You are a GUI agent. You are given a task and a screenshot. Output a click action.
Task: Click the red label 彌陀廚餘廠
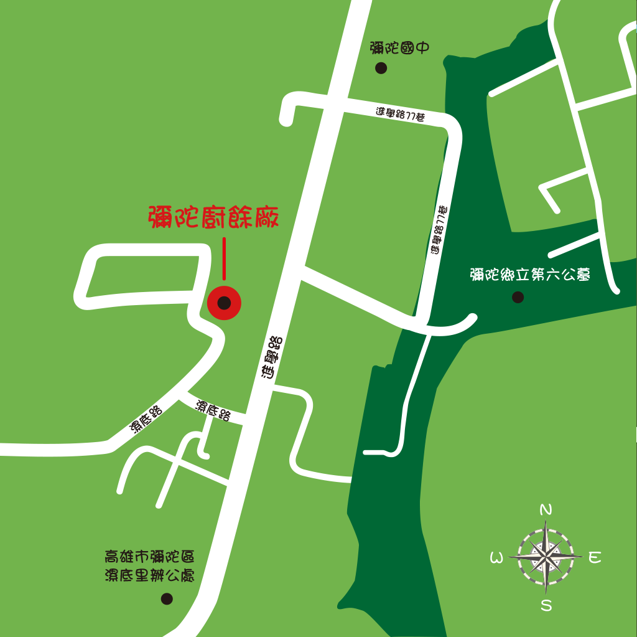(x=213, y=218)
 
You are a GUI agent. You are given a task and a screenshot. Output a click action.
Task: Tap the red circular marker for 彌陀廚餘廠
(x=224, y=303)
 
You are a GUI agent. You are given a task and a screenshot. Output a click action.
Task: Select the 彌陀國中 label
(x=399, y=48)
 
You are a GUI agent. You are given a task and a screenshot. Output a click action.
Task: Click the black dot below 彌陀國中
(x=381, y=68)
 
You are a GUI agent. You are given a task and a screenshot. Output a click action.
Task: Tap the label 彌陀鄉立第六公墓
(x=530, y=275)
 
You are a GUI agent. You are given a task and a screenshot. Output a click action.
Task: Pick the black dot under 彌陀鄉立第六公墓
(x=518, y=297)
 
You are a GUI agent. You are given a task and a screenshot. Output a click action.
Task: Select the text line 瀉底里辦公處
(x=149, y=575)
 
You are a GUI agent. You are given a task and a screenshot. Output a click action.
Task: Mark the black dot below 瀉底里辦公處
(x=167, y=598)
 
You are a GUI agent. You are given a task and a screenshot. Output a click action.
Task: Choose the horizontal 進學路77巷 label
(x=400, y=115)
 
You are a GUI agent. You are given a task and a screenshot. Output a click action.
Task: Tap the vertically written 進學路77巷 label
(x=439, y=229)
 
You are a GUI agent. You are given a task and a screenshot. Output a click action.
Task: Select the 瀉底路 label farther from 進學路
(x=146, y=419)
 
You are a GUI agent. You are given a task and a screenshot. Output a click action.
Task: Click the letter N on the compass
(x=546, y=510)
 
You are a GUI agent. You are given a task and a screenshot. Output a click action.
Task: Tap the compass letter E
(x=595, y=557)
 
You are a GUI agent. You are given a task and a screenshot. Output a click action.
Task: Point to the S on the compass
(x=546, y=605)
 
